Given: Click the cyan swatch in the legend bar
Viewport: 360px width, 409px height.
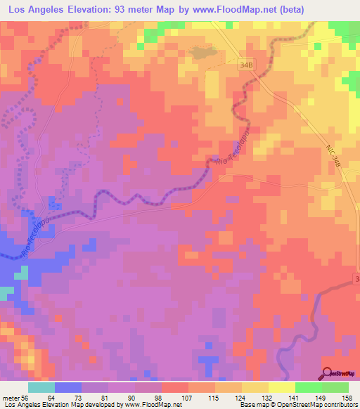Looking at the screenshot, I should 41,387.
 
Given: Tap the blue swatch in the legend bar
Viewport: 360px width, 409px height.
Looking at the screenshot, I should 67,387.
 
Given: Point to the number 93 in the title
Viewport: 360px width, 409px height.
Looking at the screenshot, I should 156,10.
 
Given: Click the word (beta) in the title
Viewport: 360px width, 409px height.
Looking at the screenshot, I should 335,10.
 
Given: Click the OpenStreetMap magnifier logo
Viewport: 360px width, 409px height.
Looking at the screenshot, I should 328,374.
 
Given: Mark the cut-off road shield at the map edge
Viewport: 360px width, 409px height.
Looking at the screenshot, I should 356,280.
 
